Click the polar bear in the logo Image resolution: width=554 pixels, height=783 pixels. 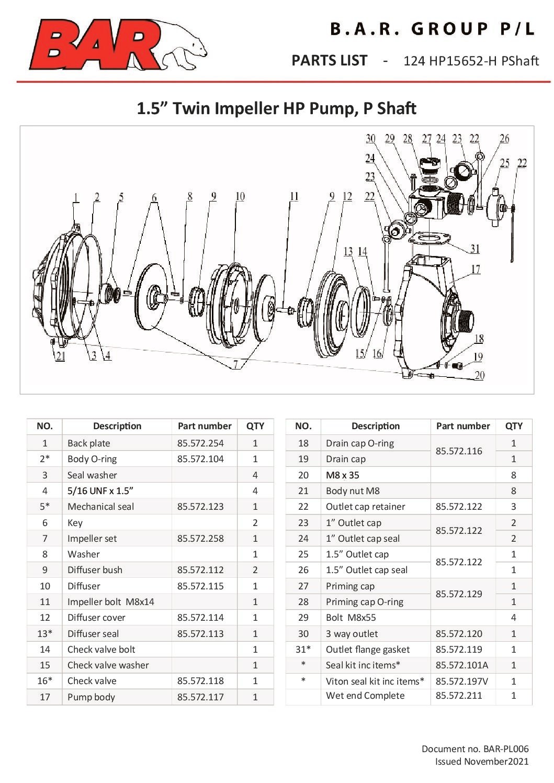pos(183,46)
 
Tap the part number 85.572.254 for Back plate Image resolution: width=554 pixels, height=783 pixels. pos(200,443)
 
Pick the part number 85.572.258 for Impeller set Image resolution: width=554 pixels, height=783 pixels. pos(200,538)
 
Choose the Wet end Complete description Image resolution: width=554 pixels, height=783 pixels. pos(365,695)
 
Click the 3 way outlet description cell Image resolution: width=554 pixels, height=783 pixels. pos(352,633)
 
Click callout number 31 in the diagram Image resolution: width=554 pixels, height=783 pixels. pos(474,249)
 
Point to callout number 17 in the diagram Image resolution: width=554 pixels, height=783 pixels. pos(475,269)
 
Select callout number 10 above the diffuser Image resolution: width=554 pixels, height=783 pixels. pos(240,196)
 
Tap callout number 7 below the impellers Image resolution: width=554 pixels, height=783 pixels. pos(236,364)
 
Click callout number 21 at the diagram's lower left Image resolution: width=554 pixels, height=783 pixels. pos(61,357)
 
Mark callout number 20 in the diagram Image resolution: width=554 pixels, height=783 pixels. pos(479,375)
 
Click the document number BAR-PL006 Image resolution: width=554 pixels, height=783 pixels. pos(474,749)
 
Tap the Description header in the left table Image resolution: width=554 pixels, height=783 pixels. pos(117,426)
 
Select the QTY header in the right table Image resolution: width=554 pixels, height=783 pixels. pos(514,426)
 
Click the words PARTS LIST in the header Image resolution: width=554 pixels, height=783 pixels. pos(329,61)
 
